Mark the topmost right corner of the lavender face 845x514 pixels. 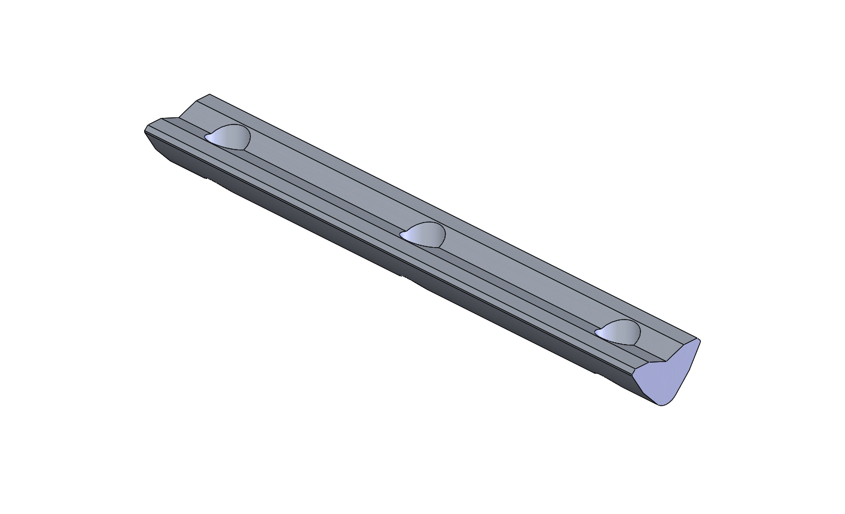click(x=699, y=340)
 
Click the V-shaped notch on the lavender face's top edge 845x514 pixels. click(x=666, y=361)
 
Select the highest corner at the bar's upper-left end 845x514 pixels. click(x=209, y=95)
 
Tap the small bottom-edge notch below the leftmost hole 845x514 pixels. click(x=209, y=178)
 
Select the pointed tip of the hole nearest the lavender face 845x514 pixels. click(x=597, y=333)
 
